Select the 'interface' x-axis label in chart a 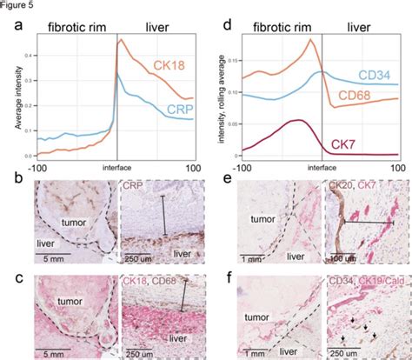click(116, 166)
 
